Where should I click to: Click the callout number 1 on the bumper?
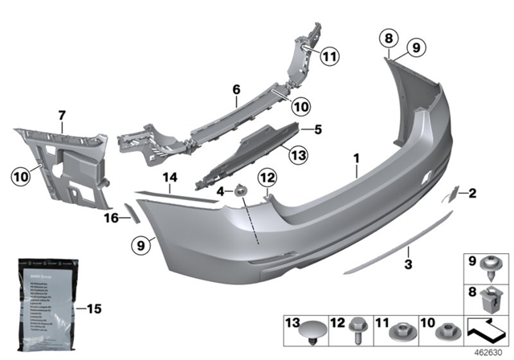tap(355, 161)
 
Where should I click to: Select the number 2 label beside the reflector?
tap(473, 192)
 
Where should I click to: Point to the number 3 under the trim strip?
tap(408, 264)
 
